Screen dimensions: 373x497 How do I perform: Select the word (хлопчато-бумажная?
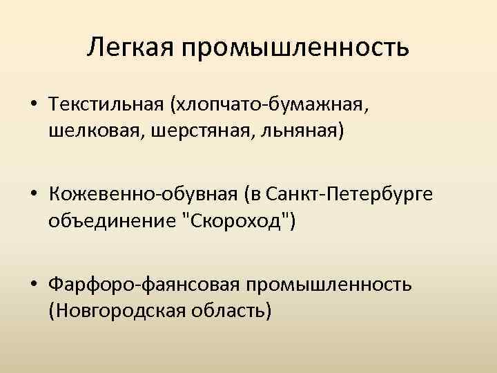[271, 106]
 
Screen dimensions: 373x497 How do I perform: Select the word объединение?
[100, 222]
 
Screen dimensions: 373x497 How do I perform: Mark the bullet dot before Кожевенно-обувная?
[34, 195]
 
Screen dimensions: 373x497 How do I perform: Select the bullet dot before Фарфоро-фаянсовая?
[34, 285]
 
